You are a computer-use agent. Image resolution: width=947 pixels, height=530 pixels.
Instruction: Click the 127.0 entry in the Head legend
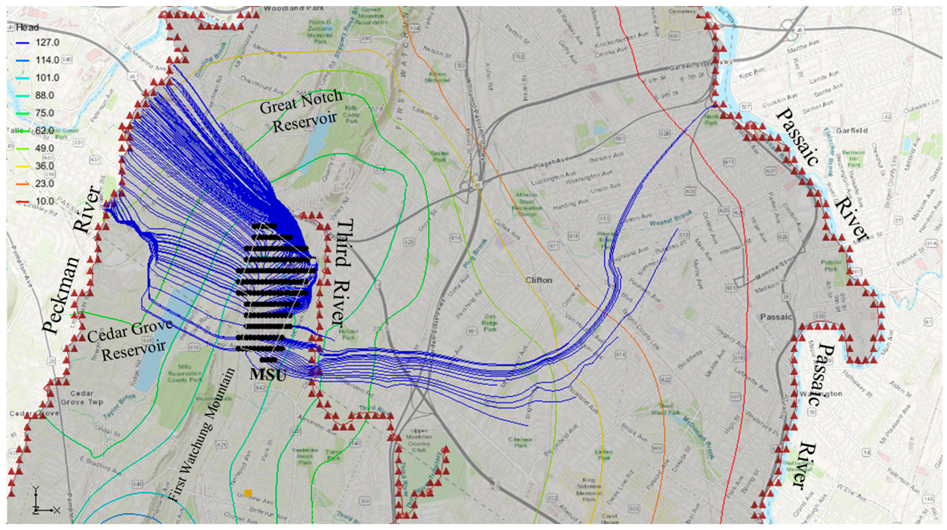47,42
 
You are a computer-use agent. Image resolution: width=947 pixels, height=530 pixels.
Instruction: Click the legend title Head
27,28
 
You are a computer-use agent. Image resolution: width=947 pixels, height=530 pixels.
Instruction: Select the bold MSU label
268,375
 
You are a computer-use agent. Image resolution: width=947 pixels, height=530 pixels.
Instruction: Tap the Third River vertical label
340,272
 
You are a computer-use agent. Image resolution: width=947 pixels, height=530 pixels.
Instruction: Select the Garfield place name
852,131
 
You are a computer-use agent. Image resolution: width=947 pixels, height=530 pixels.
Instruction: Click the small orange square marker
248,493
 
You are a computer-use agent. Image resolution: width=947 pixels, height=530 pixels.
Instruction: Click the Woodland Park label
294,8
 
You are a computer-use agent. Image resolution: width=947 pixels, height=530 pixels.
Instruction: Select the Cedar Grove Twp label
82,398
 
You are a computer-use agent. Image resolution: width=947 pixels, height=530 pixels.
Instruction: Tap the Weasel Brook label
670,218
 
